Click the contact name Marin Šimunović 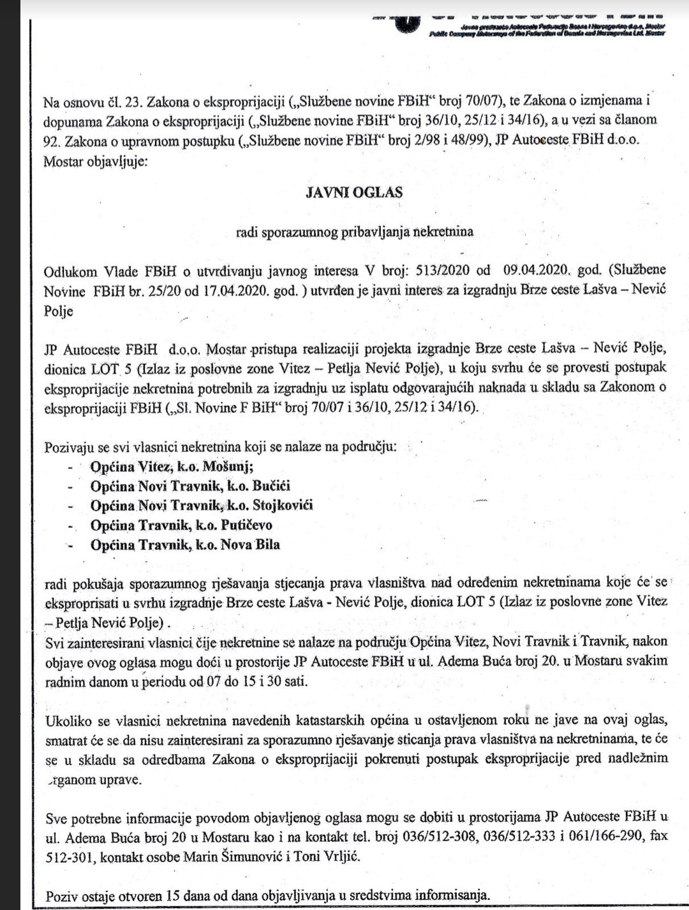232,856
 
